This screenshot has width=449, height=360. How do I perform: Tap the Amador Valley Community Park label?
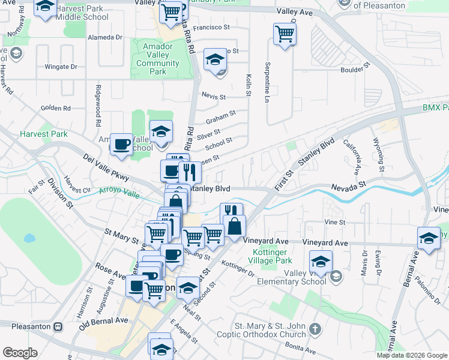click(157, 59)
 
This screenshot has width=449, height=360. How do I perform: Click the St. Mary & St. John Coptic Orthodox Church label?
click(270, 329)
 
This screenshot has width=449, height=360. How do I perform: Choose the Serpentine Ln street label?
click(268, 83)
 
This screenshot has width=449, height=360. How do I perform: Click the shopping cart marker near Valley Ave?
click(285, 34)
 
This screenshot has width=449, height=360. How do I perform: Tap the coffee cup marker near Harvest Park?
click(122, 145)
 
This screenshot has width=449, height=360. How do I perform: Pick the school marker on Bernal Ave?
click(429, 238)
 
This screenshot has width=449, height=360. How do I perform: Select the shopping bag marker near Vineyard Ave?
click(235, 227)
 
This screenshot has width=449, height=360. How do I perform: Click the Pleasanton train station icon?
click(58, 326)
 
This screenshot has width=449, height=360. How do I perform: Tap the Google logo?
click(20, 353)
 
